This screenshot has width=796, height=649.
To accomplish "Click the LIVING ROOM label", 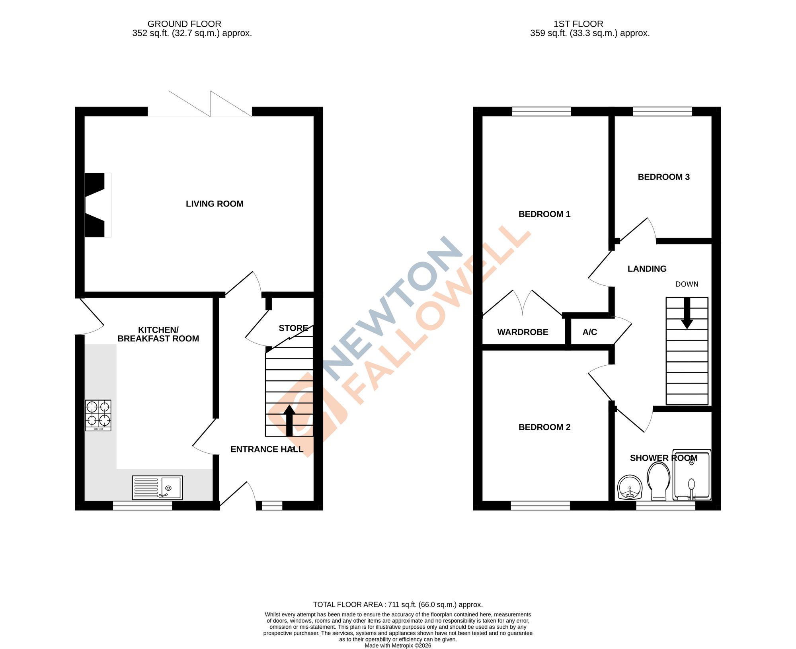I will tap(215, 204).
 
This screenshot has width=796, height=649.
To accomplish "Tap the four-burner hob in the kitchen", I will tap(98, 415).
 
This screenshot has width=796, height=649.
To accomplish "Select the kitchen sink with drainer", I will tap(157, 487).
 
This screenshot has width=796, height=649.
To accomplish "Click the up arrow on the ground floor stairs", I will tap(289, 421).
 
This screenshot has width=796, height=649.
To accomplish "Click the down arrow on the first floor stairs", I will tap(687, 313).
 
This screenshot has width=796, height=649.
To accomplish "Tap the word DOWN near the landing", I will tap(687, 284).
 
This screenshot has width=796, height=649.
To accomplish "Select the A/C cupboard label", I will tap(589, 332).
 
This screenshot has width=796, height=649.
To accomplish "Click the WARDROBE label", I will tap(523, 332).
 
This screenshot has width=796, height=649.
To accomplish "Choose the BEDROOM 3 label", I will tap(663, 177).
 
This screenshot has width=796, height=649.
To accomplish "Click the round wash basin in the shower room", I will tap(630, 487).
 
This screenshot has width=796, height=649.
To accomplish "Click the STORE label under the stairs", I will tap(293, 328).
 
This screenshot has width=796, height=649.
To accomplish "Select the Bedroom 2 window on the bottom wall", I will tap(540, 506).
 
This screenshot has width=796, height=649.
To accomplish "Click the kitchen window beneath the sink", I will tap(142, 506).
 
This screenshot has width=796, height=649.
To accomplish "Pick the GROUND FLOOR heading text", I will tap(184, 24).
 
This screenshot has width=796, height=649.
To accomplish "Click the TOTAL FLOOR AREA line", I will tap(398, 604).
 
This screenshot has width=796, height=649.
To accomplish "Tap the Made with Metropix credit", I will tap(398, 645).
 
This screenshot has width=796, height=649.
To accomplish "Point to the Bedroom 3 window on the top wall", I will tap(662, 111).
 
